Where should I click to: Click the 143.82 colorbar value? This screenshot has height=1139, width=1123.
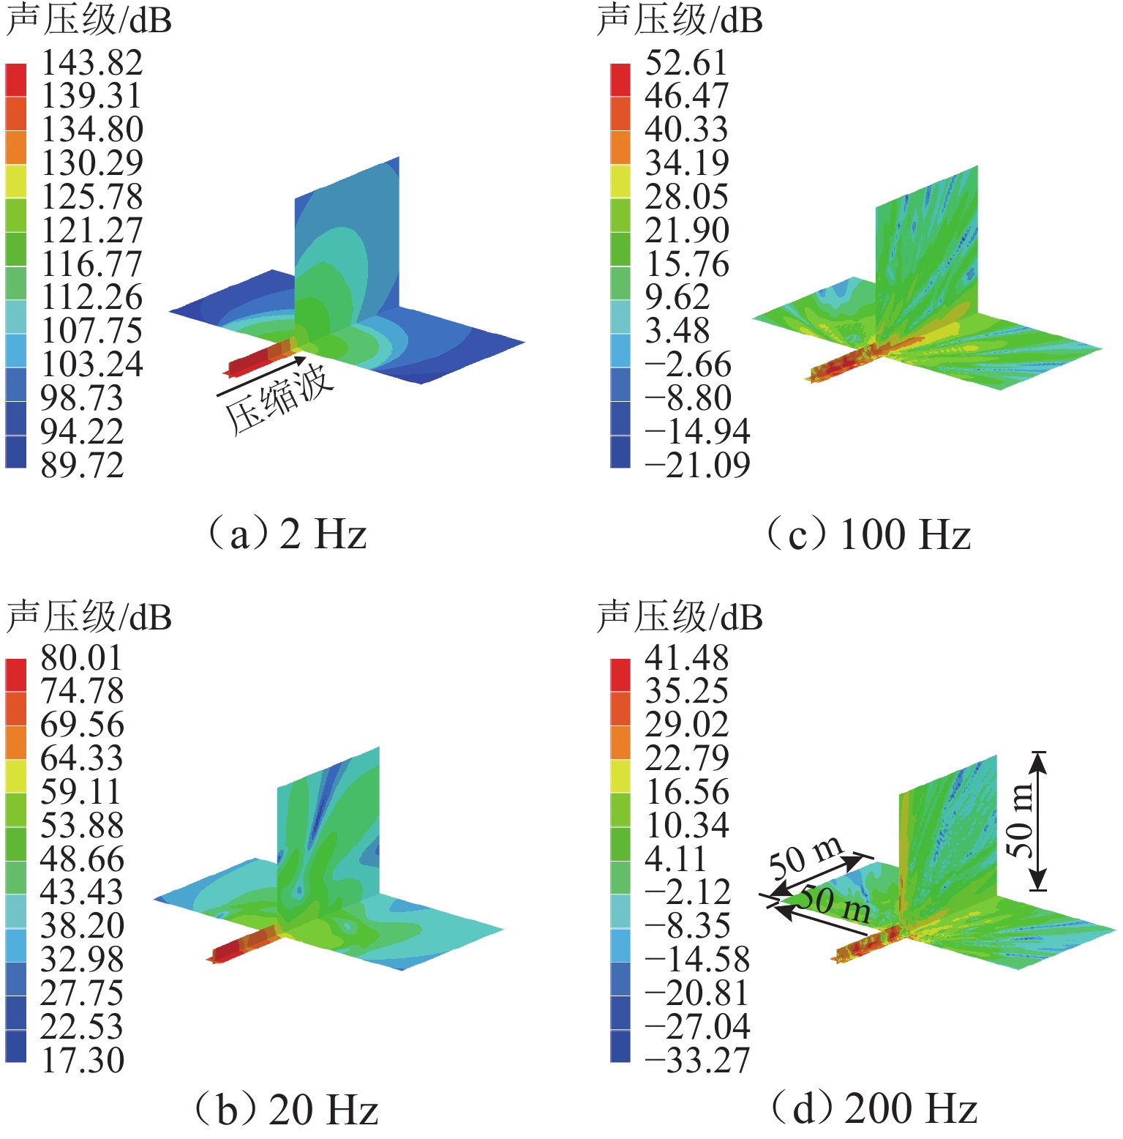tap(91, 63)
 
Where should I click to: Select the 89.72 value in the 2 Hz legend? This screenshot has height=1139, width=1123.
tap(82, 466)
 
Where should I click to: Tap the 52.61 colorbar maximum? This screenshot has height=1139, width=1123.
tap(686, 63)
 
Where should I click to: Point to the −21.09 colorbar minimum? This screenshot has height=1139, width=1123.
tap(697, 466)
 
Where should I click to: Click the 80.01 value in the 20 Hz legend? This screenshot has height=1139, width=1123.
tap(81, 658)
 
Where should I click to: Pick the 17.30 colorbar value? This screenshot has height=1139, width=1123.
tap(82, 1061)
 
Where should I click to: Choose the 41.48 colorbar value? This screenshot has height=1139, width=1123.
tap(686, 658)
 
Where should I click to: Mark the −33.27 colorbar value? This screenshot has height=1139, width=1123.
tap(697, 1061)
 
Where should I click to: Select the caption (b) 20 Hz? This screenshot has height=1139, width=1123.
tap(287, 1110)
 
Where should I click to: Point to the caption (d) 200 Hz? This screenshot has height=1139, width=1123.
tap(875, 1110)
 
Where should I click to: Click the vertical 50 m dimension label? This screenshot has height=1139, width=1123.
tap(1018, 820)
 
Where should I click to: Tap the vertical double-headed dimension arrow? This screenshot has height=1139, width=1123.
tap(1038, 821)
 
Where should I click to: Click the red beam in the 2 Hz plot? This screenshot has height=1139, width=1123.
tap(256, 359)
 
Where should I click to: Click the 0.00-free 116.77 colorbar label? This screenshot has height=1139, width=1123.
tap(91, 264)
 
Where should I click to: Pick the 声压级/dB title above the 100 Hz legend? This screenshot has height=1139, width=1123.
tap(680, 20)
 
